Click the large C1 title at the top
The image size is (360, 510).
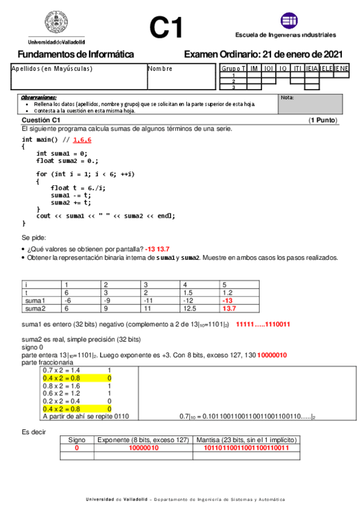pos(166,28)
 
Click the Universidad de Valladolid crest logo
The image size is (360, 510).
pos(56,24)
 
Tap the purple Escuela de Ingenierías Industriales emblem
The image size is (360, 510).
pos(289,21)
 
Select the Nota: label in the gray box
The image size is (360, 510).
pos(287,97)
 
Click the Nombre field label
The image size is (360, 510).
pos(160,69)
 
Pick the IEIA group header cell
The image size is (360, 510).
pos(312,69)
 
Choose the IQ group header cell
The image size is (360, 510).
pos(283,69)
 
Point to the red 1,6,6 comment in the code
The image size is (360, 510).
pos(82,140)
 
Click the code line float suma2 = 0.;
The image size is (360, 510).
pos(67,161)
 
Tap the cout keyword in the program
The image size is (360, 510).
pos(43,215)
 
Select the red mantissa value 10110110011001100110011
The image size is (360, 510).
pos(247,447)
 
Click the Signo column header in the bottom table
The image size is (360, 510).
pos(77,440)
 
